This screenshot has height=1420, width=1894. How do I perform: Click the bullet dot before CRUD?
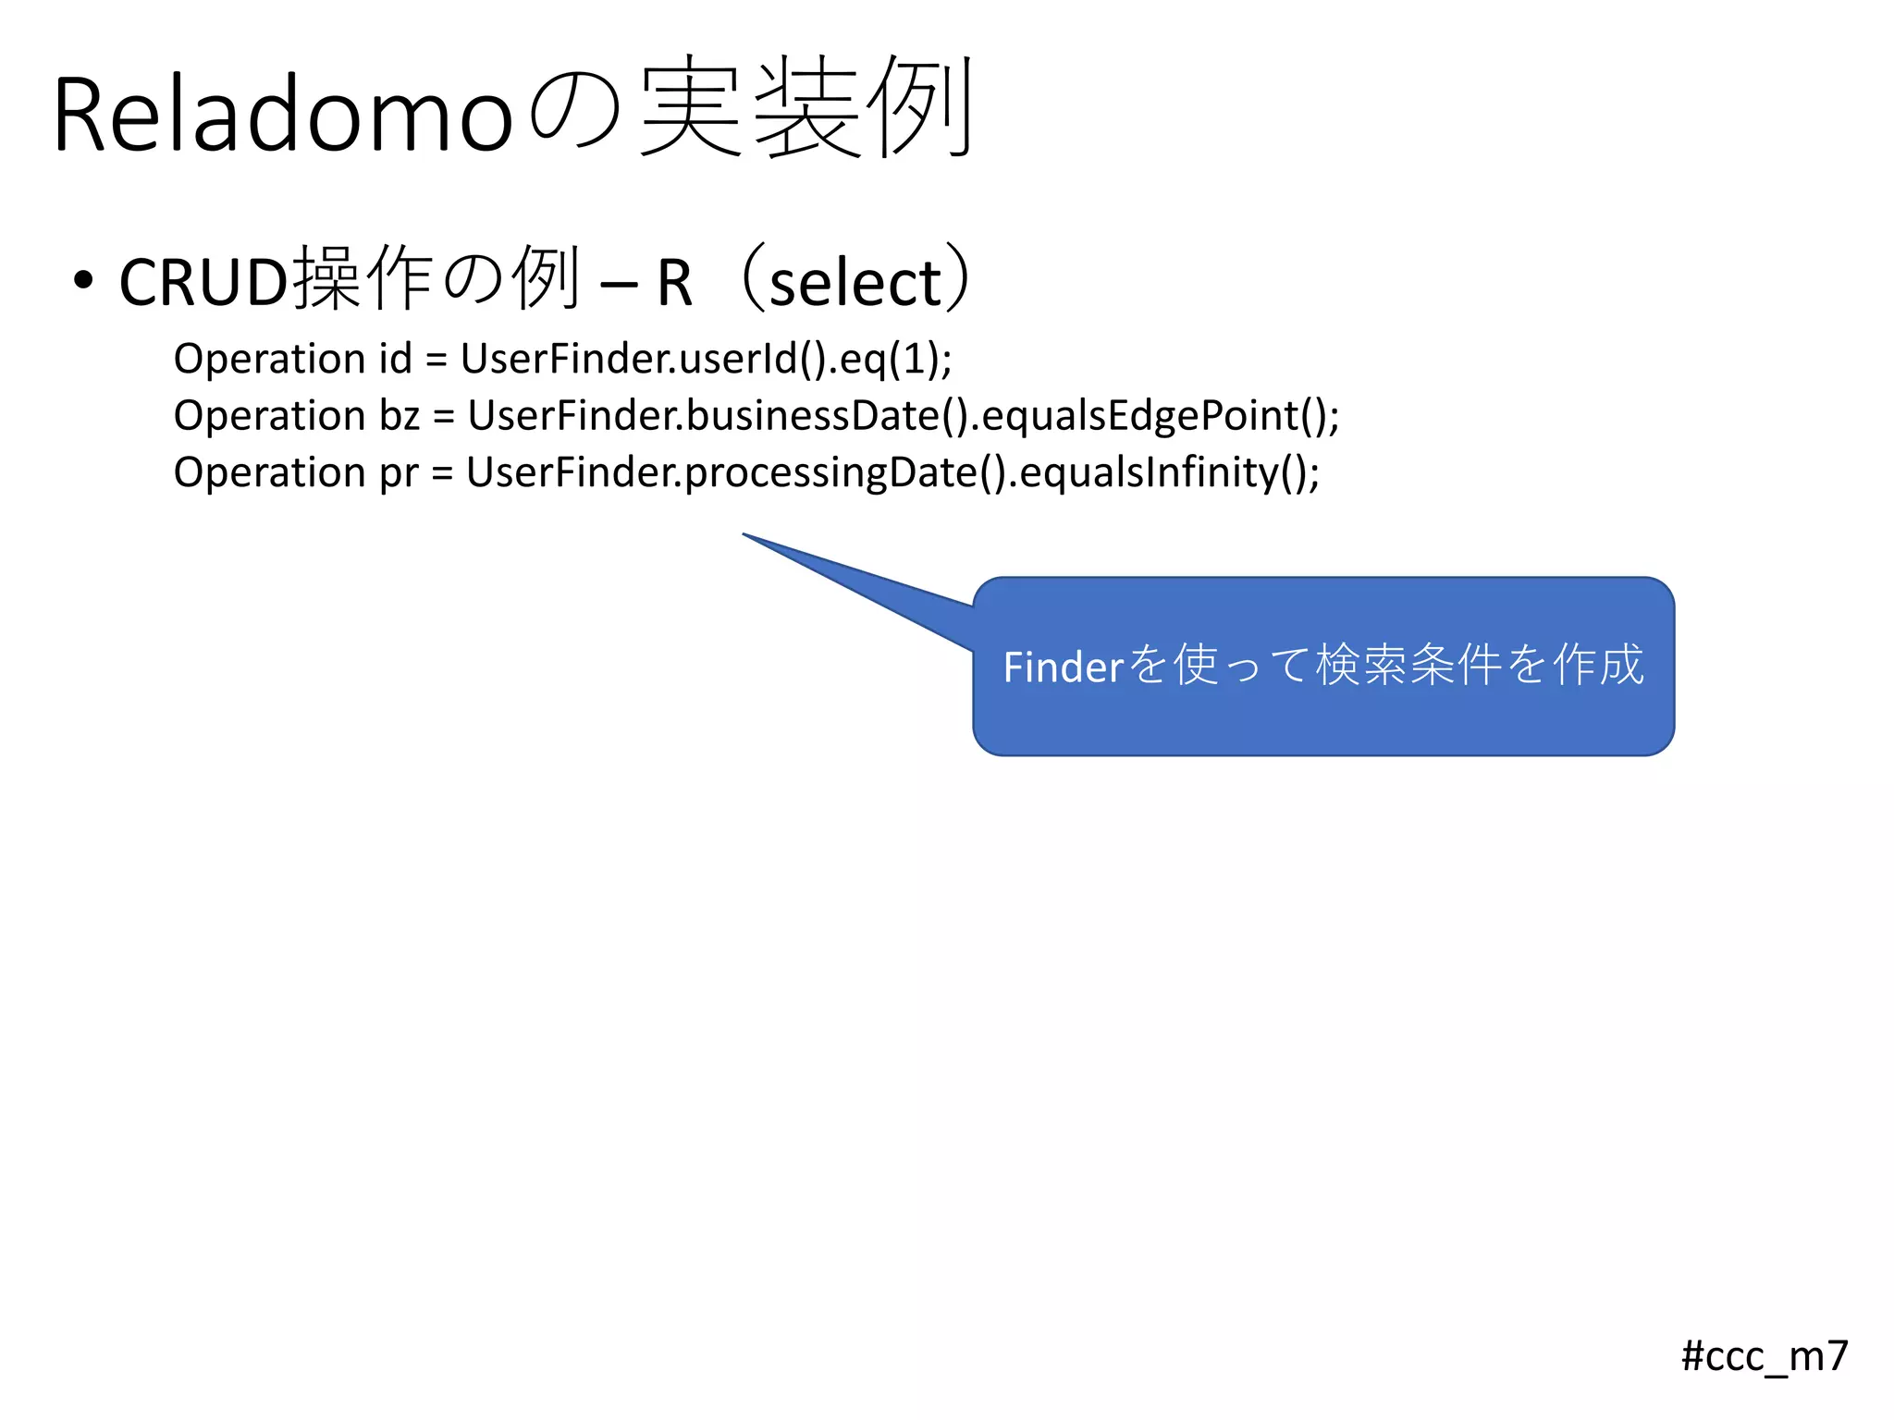[83, 280]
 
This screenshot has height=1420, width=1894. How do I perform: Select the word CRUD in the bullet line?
[204, 282]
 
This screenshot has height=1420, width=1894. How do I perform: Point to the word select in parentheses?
[855, 283]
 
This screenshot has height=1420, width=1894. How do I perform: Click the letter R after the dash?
[674, 283]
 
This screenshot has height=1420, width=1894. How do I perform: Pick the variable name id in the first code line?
[394, 359]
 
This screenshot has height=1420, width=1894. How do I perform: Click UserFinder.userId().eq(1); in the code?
[706, 359]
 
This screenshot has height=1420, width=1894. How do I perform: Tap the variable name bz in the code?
[400, 416]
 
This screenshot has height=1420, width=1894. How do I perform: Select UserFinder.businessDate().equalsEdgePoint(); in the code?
[903, 416]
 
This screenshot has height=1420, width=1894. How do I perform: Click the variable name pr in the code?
[399, 472]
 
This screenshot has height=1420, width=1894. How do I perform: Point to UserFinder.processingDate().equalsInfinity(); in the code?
[892, 472]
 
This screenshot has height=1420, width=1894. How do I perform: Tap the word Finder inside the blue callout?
[1063, 667]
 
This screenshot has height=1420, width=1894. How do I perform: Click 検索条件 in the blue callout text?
[1408, 665]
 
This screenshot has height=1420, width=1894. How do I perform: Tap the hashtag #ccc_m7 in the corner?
[1764, 1356]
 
